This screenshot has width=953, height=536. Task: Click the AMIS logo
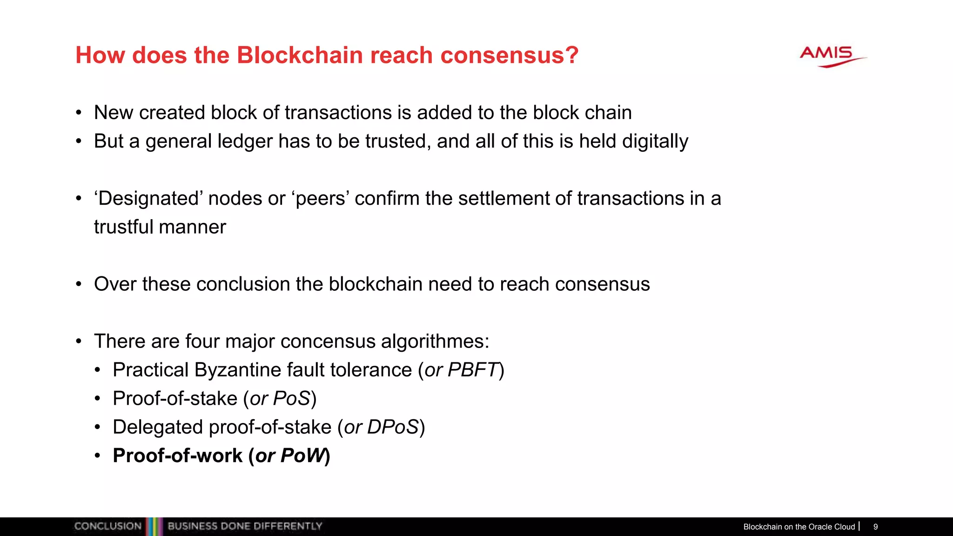(832, 56)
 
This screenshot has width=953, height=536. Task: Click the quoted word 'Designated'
(148, 199)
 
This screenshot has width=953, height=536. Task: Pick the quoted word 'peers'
(321, 199)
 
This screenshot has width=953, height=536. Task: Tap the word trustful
(123, 227)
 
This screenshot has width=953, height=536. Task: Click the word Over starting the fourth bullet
(115, 284)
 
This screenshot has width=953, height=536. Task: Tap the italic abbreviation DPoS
(393, 428)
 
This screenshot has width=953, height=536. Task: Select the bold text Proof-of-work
(177, 456)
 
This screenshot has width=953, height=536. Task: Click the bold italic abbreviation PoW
(303, 456)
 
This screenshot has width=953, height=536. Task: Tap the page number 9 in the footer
(875, 527)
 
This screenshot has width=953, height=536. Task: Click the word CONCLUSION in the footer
(107, 526)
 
